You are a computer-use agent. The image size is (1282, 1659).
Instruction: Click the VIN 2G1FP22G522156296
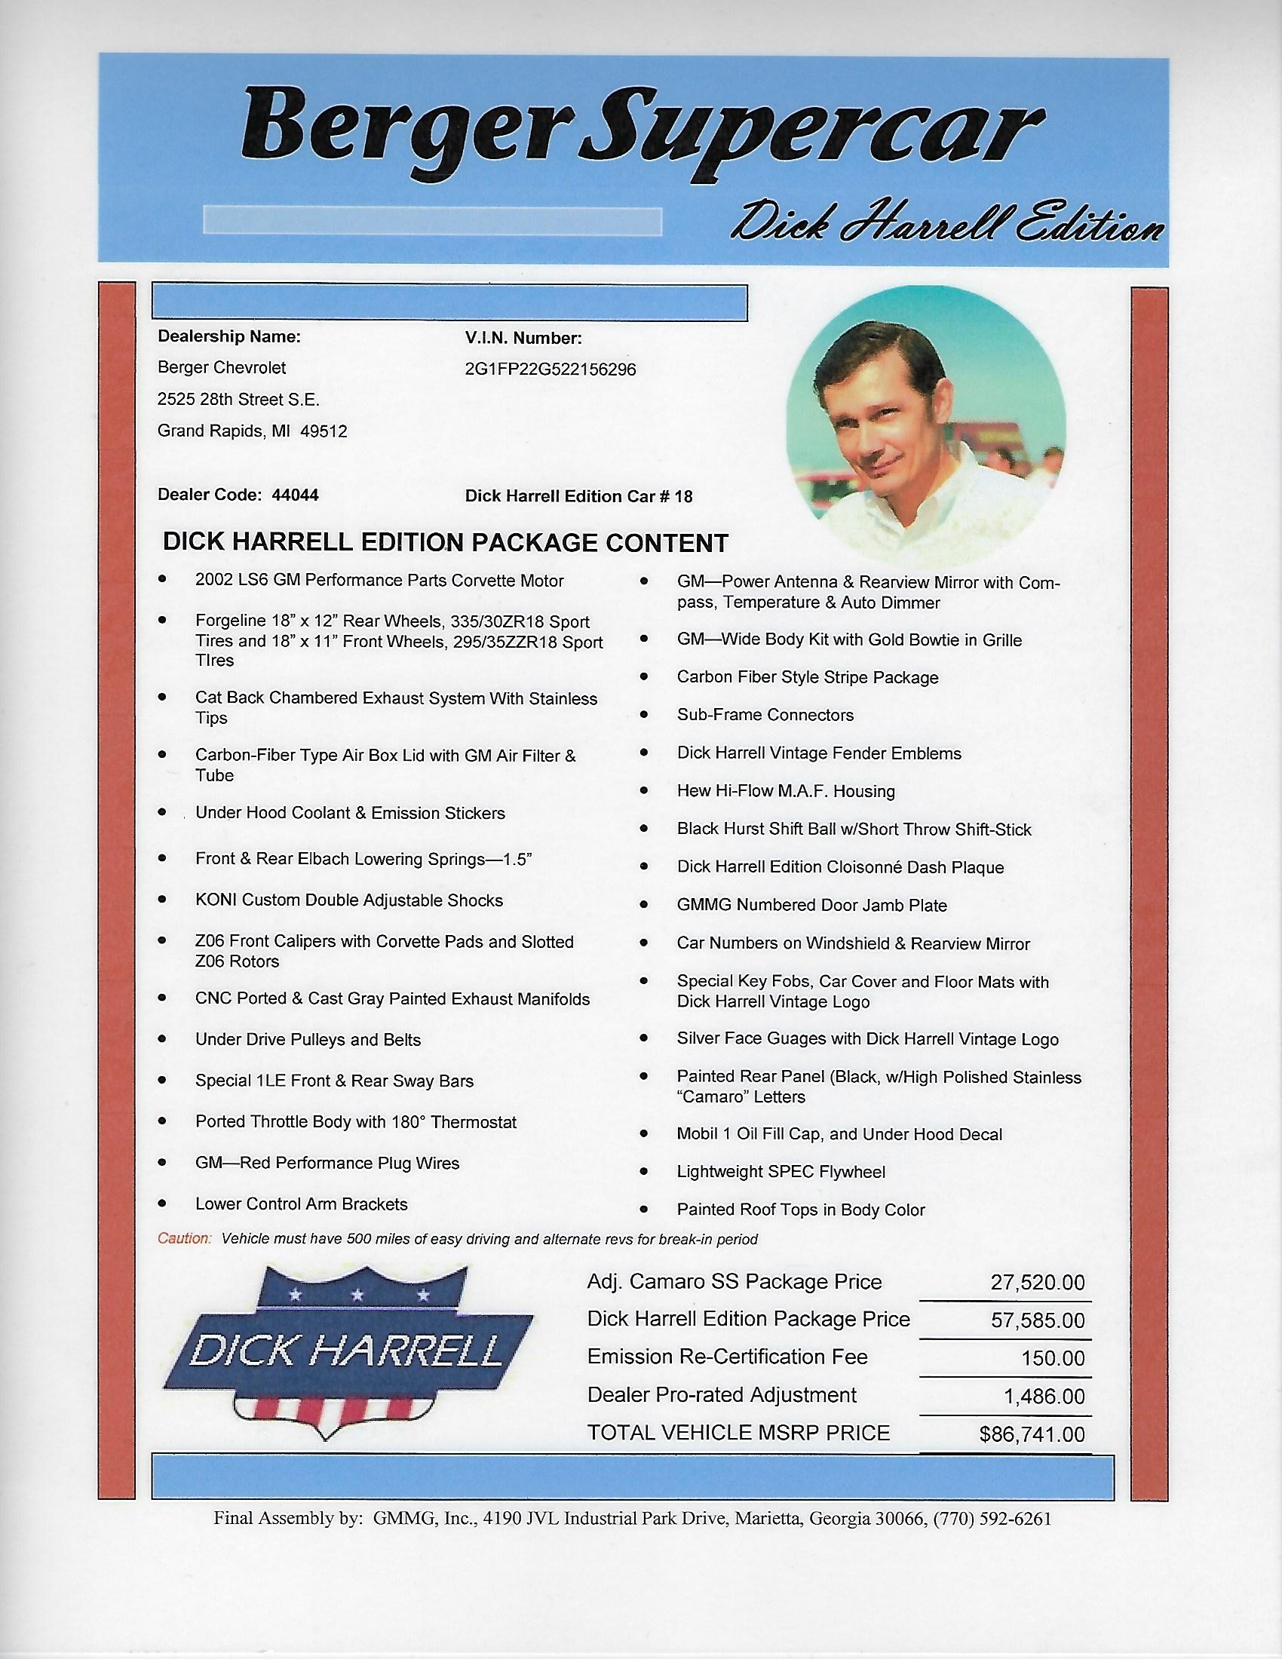(551, 370)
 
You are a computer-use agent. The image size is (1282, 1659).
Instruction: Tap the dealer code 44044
(295, 495)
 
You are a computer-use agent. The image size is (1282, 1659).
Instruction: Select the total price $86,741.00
(1032, 1434)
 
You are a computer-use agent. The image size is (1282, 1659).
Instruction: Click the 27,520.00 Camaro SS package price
(1038, 1283)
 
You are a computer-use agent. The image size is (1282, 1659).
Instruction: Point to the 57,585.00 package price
(1038, 1321)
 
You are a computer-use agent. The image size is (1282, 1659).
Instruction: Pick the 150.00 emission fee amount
(1054, 1358)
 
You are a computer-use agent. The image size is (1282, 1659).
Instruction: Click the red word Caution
(184, 1239)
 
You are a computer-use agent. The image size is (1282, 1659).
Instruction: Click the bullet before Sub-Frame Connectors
(644, 714)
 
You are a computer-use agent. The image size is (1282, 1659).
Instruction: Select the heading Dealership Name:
(228, 336)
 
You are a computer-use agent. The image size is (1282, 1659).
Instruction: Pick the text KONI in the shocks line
(216, 900)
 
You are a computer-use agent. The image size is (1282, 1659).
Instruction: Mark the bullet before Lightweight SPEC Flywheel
(644, 1171)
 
